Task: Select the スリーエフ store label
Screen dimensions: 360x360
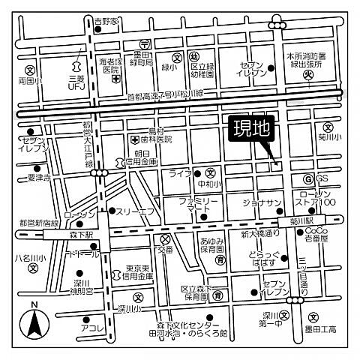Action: coord(135,211)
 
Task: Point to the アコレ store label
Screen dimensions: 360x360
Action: coord(92,328)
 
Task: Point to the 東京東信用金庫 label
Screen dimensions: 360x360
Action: coord(139,272)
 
